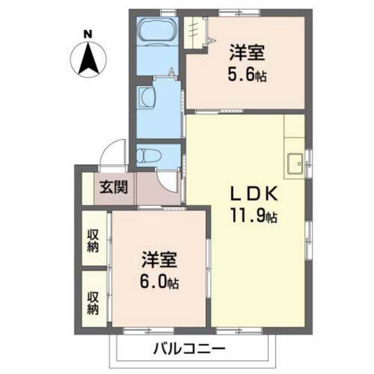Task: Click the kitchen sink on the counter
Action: [x=295, y=160]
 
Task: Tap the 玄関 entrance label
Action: [x=115, y=188]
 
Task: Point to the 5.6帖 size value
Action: [x=247, y=75]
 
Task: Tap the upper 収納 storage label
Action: [x=93, y=240]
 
